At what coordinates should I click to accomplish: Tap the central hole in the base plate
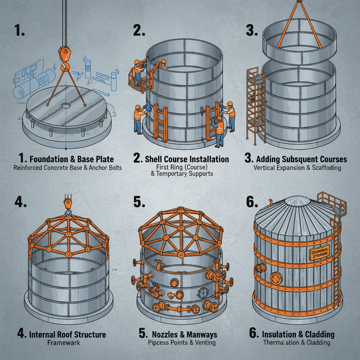[65, 105]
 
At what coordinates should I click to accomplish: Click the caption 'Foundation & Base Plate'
[72, 159]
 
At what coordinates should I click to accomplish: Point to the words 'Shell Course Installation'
[187, 159]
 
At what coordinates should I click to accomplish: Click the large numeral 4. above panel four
[20, 203]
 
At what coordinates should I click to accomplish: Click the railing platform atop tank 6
[332, 202]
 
